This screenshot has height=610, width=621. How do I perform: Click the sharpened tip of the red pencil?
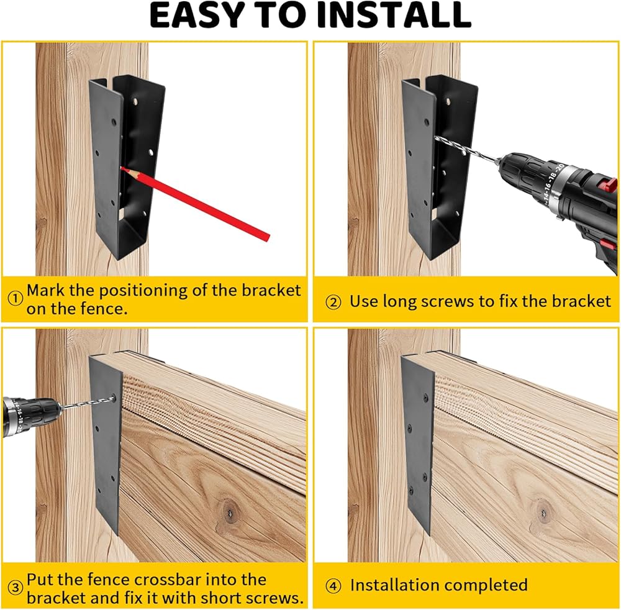click(x=122, y=168)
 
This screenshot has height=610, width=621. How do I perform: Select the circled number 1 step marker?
click(x=15, y=298)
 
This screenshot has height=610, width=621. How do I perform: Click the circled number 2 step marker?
click(x=333, y=303)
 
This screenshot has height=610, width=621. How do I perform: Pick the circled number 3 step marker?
click(x=15, y=588)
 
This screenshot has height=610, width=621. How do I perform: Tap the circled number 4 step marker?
click(x=333, y=586)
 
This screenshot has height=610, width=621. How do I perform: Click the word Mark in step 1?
click(x=45, y=290)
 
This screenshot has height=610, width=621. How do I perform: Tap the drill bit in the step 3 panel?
click(x=88, y=402)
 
